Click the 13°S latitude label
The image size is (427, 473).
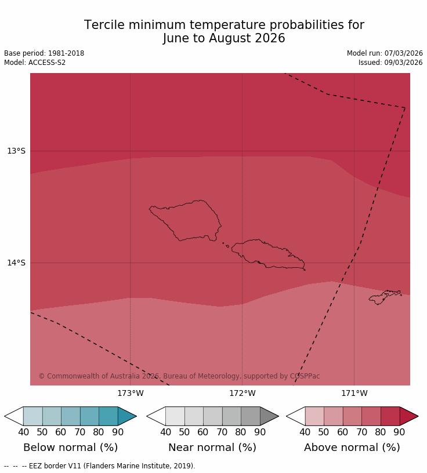pos(16,151)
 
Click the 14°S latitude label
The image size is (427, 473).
pos(16,263)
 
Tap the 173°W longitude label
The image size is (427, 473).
pos(130,394)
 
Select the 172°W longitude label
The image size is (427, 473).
pos(242,394)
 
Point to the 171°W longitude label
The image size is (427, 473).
pos(354,394)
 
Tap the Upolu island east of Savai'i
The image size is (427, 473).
pos(264,253)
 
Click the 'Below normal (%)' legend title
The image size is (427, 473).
pos(70,447)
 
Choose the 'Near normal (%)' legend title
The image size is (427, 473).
pos(212,447)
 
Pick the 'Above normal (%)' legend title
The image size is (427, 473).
pos(352,447)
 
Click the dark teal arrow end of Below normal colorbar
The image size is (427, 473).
pos(126,416)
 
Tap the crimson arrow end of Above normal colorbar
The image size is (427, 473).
pos(408,416)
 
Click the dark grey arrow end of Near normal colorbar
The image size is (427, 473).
pos(269,416)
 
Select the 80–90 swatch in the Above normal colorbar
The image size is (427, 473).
pos(390,416)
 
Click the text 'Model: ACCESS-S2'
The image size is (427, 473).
pos(35,63)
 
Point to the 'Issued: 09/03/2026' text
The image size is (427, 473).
pos(390,63)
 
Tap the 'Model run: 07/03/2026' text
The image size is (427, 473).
pos(385,53)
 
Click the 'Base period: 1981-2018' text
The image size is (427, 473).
pos(44,53)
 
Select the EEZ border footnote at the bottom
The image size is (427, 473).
pos(100,466)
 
